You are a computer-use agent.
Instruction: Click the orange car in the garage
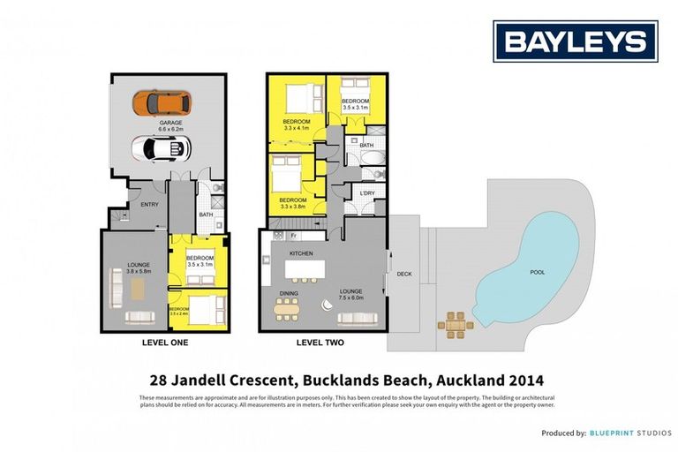[x=162, y=102]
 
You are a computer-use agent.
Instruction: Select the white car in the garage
[x=161, y=148]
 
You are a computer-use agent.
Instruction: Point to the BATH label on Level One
[x=206, y=214]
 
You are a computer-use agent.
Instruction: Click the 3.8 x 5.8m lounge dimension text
[x=139, y=271]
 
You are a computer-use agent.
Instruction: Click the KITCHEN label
[x=302, y=253]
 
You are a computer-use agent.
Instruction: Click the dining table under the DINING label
[x=288, y=308]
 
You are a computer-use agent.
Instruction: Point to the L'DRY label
[x=367, y=193]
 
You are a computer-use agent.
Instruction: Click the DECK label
[x=404, y=274]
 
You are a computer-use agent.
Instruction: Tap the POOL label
[x=537, y=273]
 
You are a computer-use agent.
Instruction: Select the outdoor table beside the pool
[x=456, y=324]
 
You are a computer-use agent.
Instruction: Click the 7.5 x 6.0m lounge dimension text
[x=351, y=298]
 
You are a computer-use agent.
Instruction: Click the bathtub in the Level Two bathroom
[x=372, y=160]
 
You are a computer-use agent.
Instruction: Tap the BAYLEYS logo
[x=575, y=41]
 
